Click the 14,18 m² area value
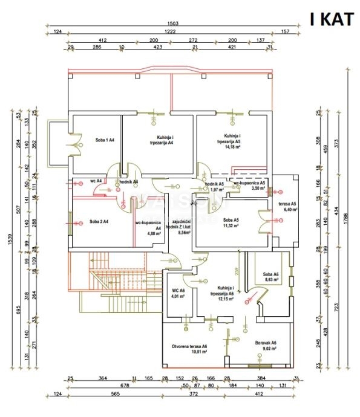232,146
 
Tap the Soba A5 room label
231,219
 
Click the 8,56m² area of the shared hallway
182,232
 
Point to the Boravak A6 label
265,341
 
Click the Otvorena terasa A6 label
189,346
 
